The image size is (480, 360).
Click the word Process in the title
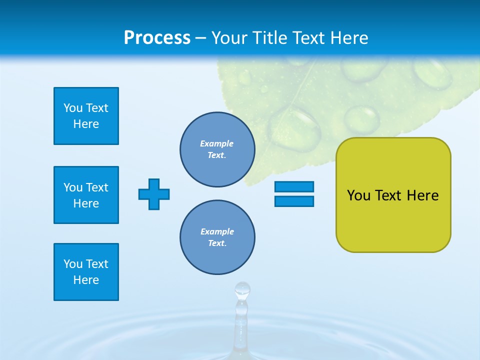click(157, 38)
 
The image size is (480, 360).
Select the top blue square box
click(86, 116)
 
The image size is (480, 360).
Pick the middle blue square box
click(86, 195)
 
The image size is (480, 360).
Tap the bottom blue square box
click(86, 272)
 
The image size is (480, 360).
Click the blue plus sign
click(154, 194)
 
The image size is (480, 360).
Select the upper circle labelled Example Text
click(217, 149)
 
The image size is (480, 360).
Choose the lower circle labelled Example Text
click(217, 237)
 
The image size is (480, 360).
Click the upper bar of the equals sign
click(294, 187)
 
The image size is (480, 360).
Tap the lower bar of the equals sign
click(294, 201)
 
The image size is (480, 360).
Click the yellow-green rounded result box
click(393, 195)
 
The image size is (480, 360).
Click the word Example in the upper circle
click(217, 143)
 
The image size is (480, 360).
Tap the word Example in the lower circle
click(217, 231)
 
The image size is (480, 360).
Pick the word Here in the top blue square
click(86, 124)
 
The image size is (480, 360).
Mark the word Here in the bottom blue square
click(86, 280)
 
